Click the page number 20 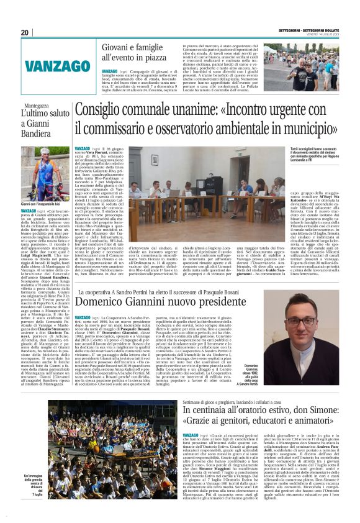[x=25, y=32]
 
